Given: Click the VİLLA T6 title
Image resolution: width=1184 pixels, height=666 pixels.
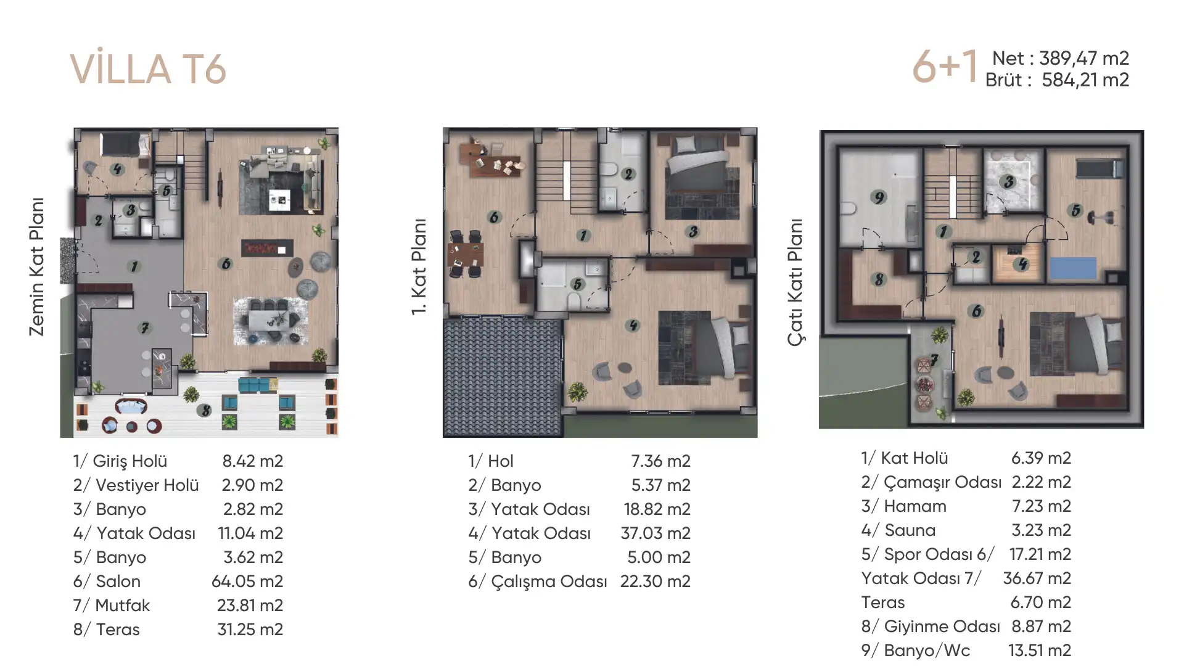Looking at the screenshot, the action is (x=148, y=68).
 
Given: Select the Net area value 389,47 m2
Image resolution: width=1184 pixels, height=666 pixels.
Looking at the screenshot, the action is (x=1084, y=58).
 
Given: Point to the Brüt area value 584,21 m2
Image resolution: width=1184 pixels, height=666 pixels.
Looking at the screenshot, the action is (x=1085, y=80).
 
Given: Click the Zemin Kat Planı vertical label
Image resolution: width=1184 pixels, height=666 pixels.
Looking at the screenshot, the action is (x=37, y=267).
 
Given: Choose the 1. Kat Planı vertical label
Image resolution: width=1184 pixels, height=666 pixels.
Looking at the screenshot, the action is (x=419, y=266).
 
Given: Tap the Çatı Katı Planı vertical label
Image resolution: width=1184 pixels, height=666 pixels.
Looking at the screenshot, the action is (x=795, y=282).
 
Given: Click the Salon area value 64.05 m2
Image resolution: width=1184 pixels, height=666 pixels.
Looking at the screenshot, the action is (x=247, y=581).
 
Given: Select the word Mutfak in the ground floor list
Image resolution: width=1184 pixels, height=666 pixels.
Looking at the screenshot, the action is (x=123, y=606).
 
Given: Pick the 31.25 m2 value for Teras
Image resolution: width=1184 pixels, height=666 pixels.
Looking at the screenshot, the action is (x=250, y=630).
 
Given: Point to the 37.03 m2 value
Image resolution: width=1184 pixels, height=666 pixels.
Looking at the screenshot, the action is (x=656, y=533).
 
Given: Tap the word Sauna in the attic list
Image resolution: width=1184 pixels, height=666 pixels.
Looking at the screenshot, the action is (x=910, y=530).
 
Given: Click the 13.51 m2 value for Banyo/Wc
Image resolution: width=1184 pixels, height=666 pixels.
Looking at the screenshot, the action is (x=1040, y=651).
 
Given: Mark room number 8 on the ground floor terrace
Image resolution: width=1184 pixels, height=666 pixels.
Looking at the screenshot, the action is (x=206, y=410).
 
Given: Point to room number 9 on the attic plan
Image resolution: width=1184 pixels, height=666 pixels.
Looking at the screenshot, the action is (x=879, y=197).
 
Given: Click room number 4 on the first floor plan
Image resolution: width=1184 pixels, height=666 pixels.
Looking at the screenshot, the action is (x=633, y=326).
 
